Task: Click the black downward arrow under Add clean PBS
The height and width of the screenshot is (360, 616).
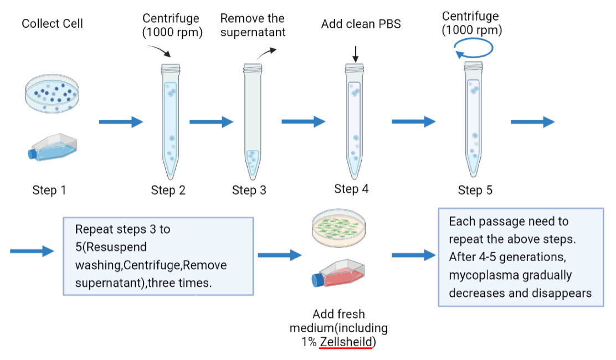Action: [x=356, y=54]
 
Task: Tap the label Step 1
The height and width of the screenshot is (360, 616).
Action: [x=49, y=191]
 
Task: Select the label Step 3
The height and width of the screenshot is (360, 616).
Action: [x=249, y=191]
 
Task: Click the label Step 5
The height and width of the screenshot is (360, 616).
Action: [x=475, y=191]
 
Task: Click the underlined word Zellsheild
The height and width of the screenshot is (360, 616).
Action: [x=346, y=342]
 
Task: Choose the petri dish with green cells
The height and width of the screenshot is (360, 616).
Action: [x=339, y=229]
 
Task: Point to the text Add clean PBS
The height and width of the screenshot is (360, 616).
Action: [x=361, y=24]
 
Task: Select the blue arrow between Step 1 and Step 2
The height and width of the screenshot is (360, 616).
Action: [x=121, y=122]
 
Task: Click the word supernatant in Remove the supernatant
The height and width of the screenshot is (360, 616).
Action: [x=253, y=32]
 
